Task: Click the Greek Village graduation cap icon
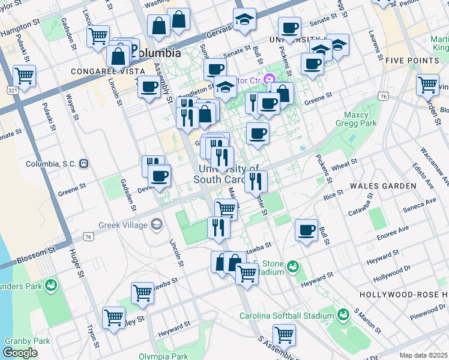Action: [157, 224]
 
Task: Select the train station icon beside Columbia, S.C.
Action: [84, 163]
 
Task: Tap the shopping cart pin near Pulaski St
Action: [24, 76]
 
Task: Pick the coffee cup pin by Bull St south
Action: [306, 230]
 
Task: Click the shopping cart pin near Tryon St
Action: [113, 318]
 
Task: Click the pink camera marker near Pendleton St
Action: [270, 79]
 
